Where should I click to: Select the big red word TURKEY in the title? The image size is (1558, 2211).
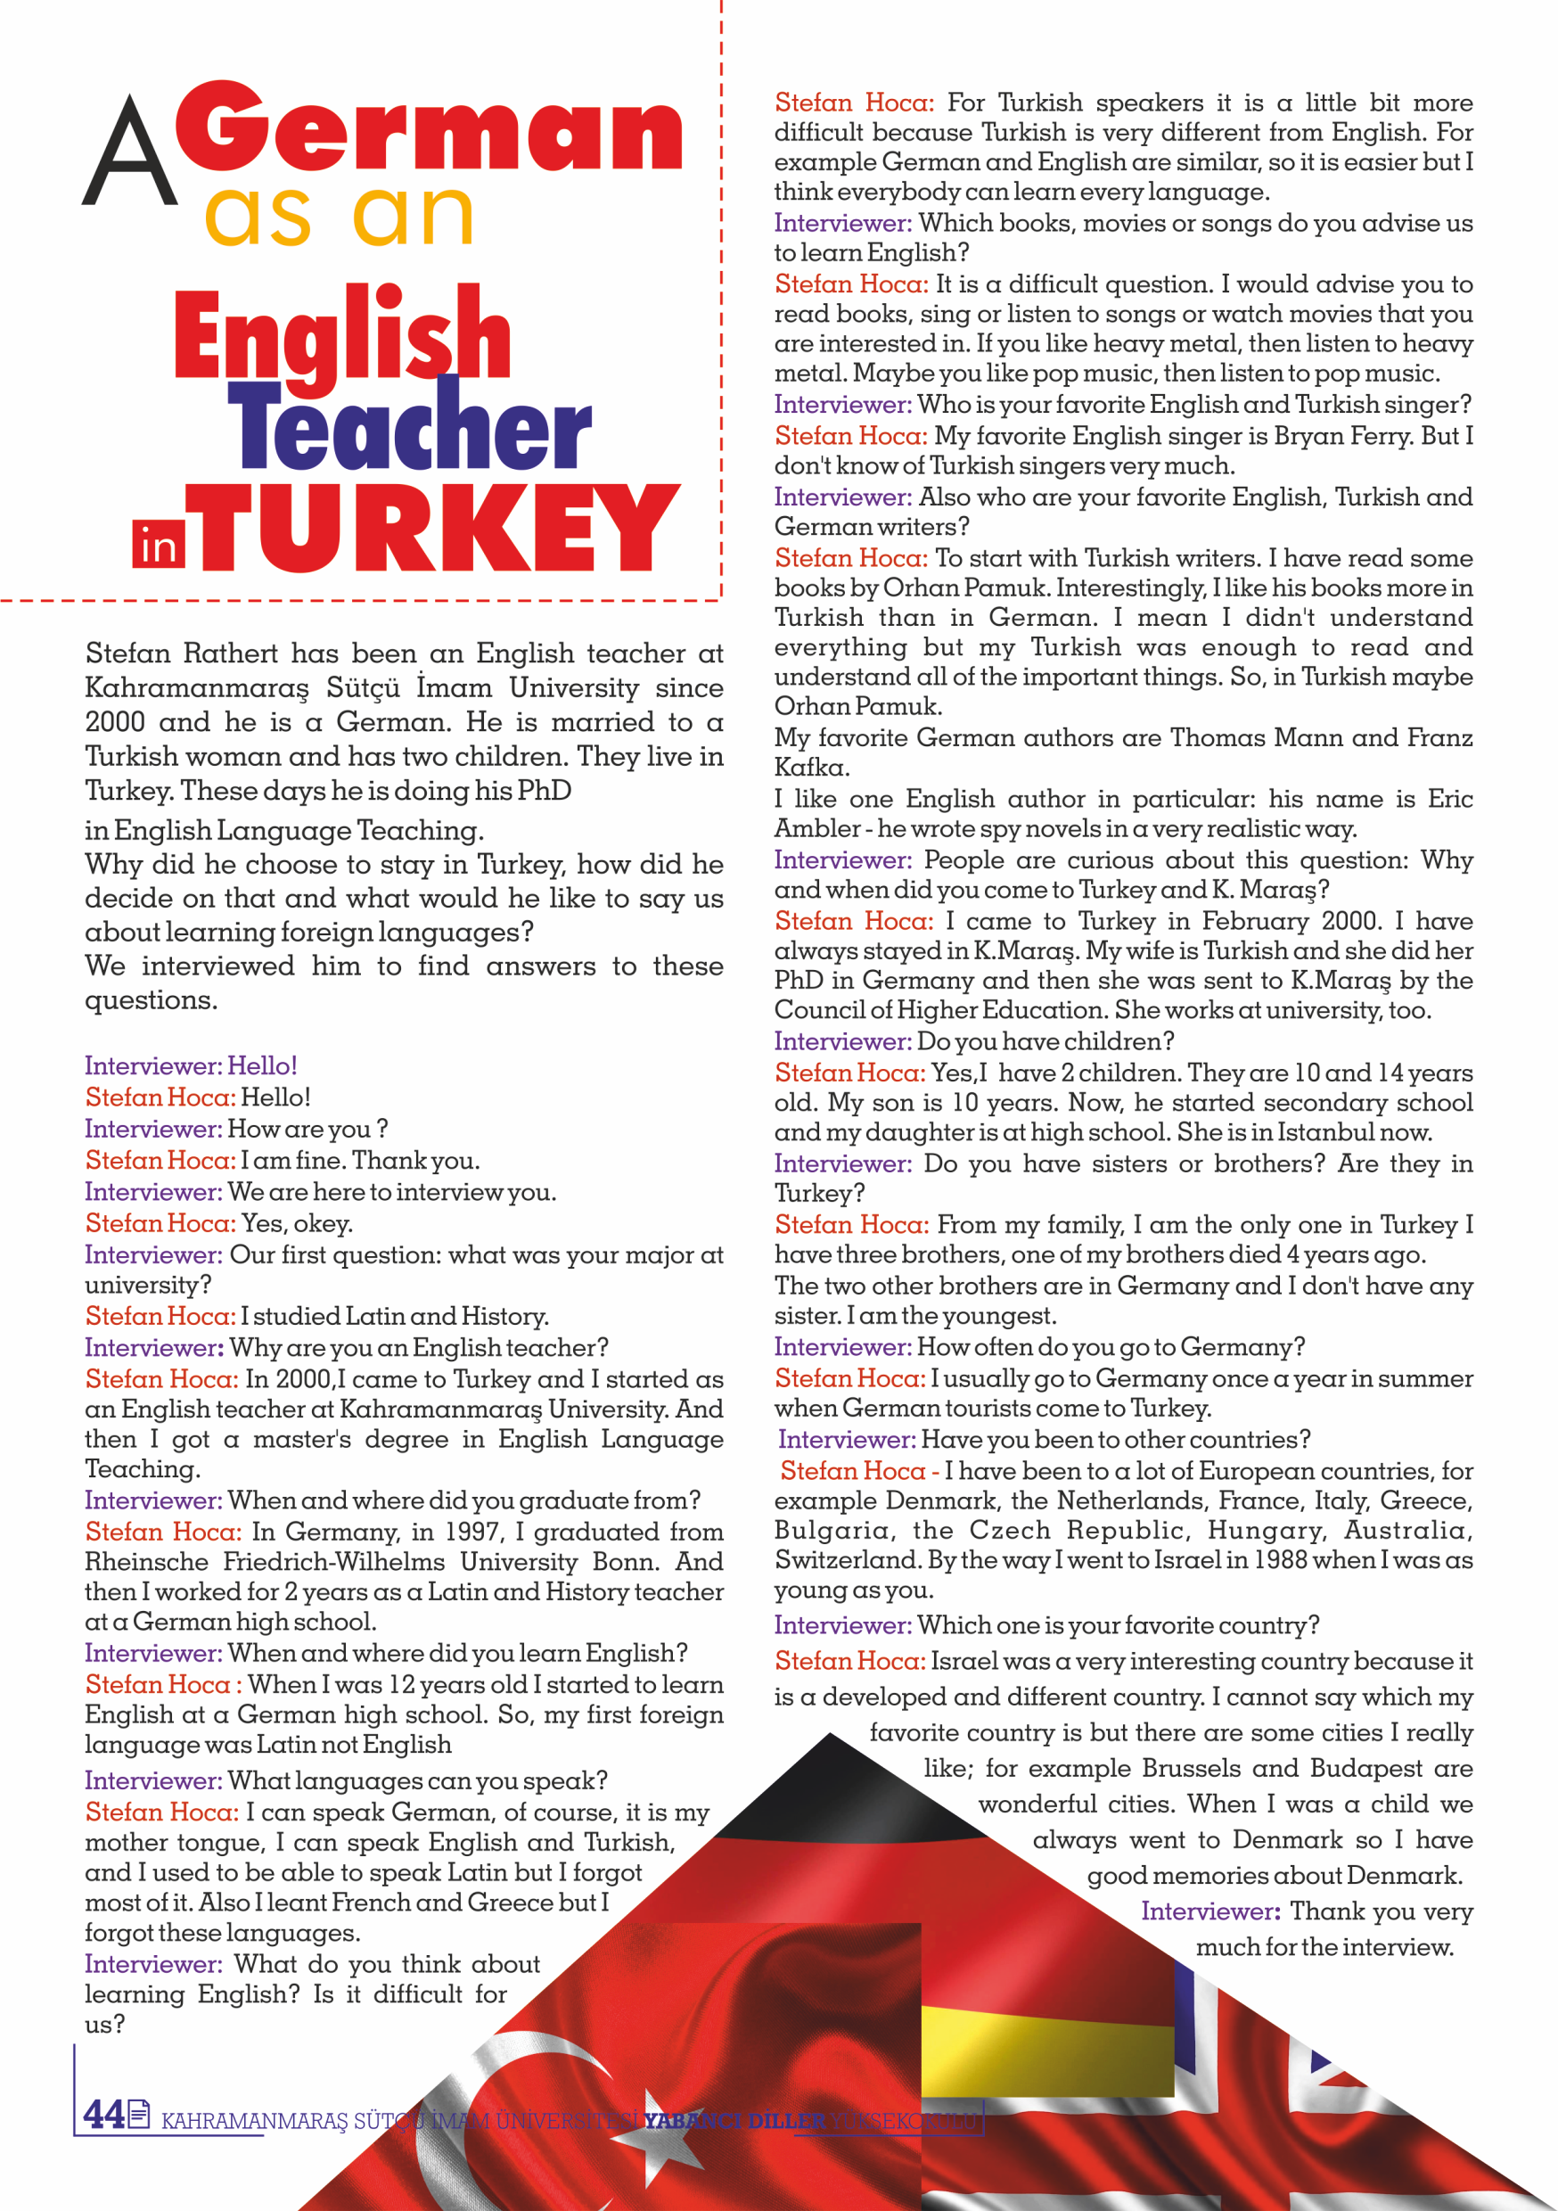(x=439, y=528)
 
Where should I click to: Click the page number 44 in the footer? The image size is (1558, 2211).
(x=103, y=2114)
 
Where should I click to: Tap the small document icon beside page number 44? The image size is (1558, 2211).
(x=139, y=2113)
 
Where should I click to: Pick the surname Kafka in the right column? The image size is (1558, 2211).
(x=811, y=768)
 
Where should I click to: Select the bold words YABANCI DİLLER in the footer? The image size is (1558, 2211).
(x=734, y=2120)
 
